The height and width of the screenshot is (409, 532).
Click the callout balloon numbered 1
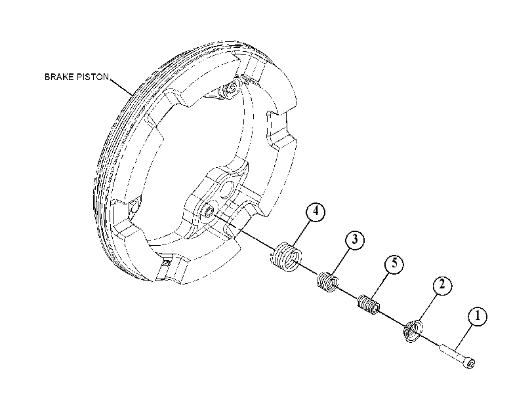478,317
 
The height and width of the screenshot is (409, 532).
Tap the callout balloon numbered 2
441,284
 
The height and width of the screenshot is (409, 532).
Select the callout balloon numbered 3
354,239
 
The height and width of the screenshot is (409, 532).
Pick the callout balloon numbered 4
316,211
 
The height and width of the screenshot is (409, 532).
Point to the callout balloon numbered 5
394,263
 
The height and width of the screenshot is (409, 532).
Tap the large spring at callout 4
287,257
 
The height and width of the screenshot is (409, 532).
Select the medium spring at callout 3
328,281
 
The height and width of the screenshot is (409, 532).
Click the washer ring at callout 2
413,330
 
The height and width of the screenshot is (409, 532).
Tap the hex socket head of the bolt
470,364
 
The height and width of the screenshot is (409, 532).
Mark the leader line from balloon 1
464,336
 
